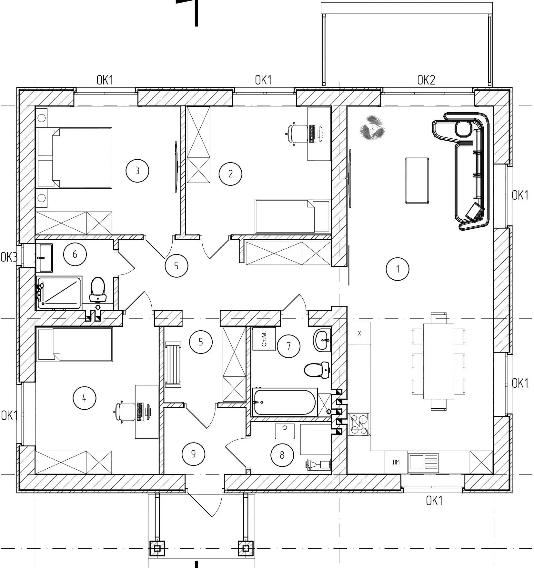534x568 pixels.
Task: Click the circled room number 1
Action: pos(398,269)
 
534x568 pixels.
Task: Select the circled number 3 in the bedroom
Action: pos(137,170)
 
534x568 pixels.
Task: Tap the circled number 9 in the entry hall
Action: pos(193,454)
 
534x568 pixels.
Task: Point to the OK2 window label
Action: pos(426,80)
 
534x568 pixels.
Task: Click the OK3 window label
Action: pos(9,257)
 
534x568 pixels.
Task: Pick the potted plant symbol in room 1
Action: pos(372,128)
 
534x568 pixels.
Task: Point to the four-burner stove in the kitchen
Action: pos(359,424)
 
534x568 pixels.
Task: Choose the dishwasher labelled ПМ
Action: pos(396,462)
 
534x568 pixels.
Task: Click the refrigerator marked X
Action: pos(359,333)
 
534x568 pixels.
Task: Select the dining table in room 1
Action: pos(439,361)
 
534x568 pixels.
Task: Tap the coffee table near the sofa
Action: pos(417,181)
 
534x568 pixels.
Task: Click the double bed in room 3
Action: pos(75,158)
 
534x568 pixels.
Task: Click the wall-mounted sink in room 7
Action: pos(322,340)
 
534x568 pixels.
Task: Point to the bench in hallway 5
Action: pos(173,365)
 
